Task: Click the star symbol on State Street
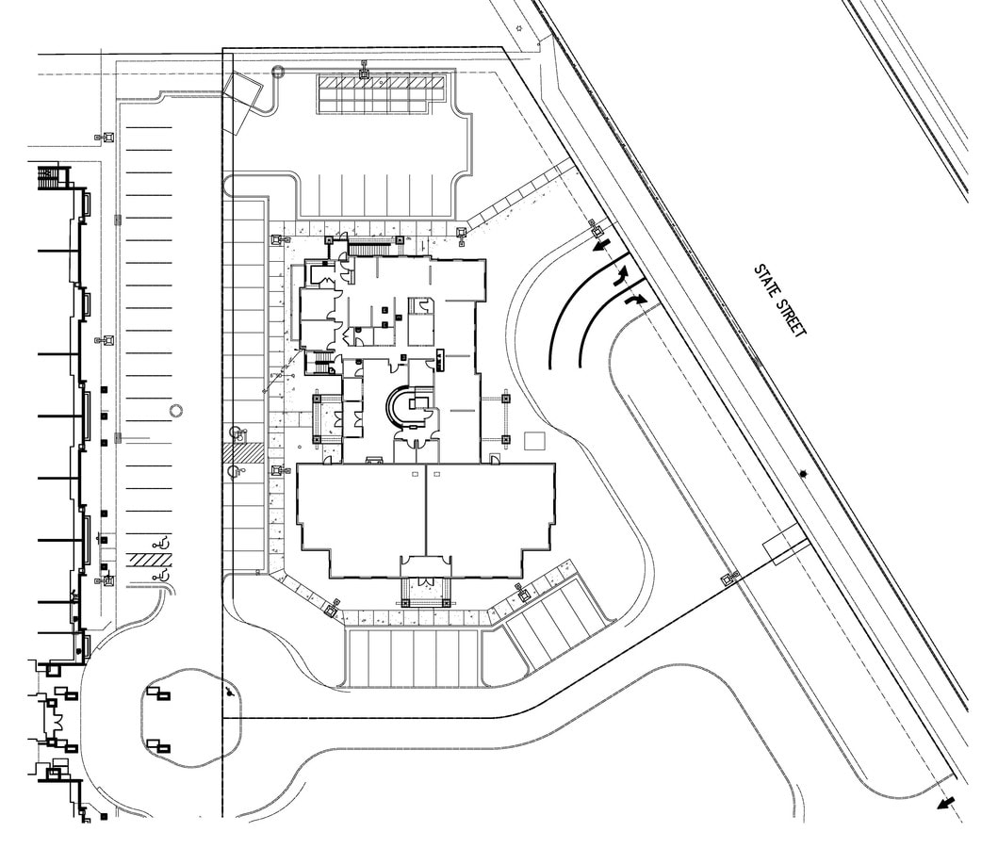pyautogui.click(x=803, y=474)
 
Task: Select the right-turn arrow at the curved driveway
pyautogui.click(x=636, y=299)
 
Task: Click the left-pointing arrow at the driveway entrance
pyautogui.click(x=599, y=247)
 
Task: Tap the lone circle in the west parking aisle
pyautogui.click(x=175, y=411)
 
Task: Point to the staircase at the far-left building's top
pyautogui.click(x=49, y=175)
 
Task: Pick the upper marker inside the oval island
pyautogui.click(x=160, y=696)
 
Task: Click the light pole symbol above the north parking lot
pyautogui.click(x=364, y=68)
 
